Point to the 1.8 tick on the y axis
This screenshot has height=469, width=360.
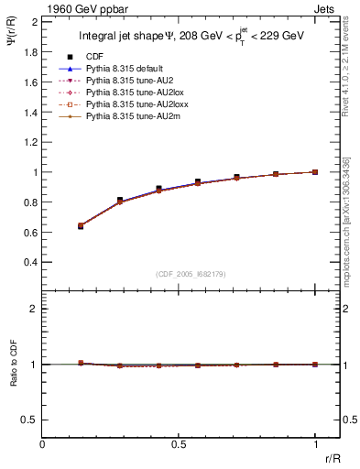click(30, 51)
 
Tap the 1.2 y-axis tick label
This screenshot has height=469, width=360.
click(30, 142)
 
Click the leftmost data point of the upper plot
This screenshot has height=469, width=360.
click(81, 225)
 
